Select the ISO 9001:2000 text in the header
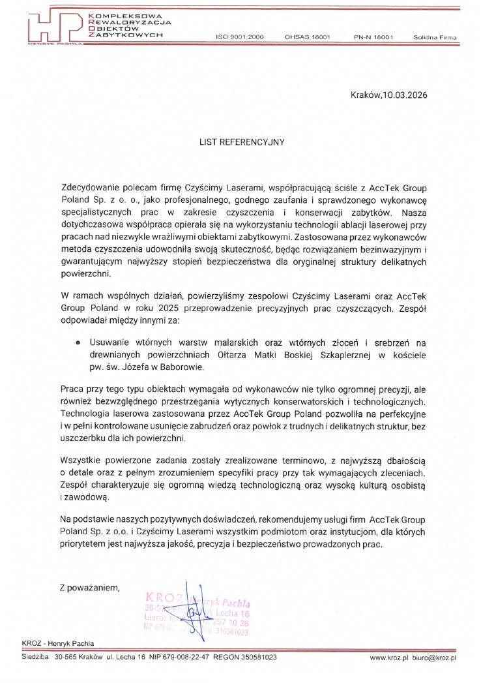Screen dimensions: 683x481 [x=239, y=38]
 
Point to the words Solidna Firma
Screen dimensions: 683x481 [x=435, y=38]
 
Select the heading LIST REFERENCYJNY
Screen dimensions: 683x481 [x=242, y=140]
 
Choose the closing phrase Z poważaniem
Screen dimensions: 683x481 [x=89, y=587]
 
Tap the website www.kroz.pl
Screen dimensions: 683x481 [x=388, y=658]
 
